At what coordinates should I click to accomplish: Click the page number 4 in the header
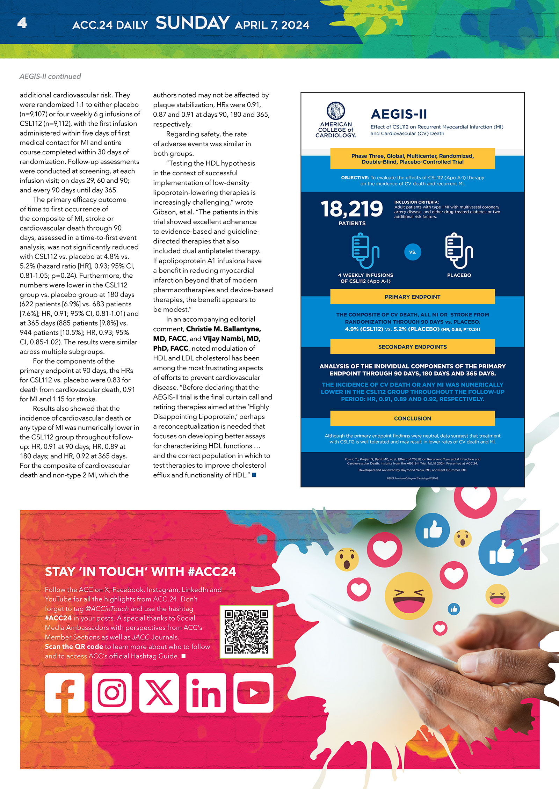pyautogui.click(x=22, y=23)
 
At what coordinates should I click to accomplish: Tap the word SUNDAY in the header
pyautogui.click(x=193, y=23)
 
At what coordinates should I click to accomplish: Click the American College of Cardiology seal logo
pyautogui.click(x=336, y=111)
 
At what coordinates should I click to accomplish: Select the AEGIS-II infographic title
pyautogui.click(x=399, y=114)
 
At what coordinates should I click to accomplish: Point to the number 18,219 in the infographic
pyautogui.click(x=352, y=209)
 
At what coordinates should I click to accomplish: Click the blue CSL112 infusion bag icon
pyautogui.click(x=365, y=251)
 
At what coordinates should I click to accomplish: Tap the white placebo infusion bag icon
pyautogui.click(x=459, y=251)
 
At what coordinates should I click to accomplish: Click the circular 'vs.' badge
pyautogui.click(x=413, y=252)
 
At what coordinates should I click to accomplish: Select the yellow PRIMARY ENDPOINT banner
pyautogui.click(x=412, y=297)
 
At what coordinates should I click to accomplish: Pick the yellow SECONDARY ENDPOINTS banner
pyautogui.click(x=412, y=347)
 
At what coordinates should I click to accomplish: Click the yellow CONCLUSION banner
pyautogui.click(x=412, y=418)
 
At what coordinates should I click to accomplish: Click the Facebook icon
pyautogui.click(x=65, y=693)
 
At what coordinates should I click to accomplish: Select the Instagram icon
pyautogui.click(x=112, y=693)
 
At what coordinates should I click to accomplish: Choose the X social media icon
pyautogui.click(x=159, y=693)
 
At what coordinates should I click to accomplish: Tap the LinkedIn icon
pyautogui.click(x=206, y=693)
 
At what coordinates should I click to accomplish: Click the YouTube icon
pyautogui.click(x=253, y=693)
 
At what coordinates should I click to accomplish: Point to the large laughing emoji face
pyautogui.click(x=408, y=595)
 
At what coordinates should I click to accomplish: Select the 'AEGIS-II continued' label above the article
pyautogui.click(x=50, y=76)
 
